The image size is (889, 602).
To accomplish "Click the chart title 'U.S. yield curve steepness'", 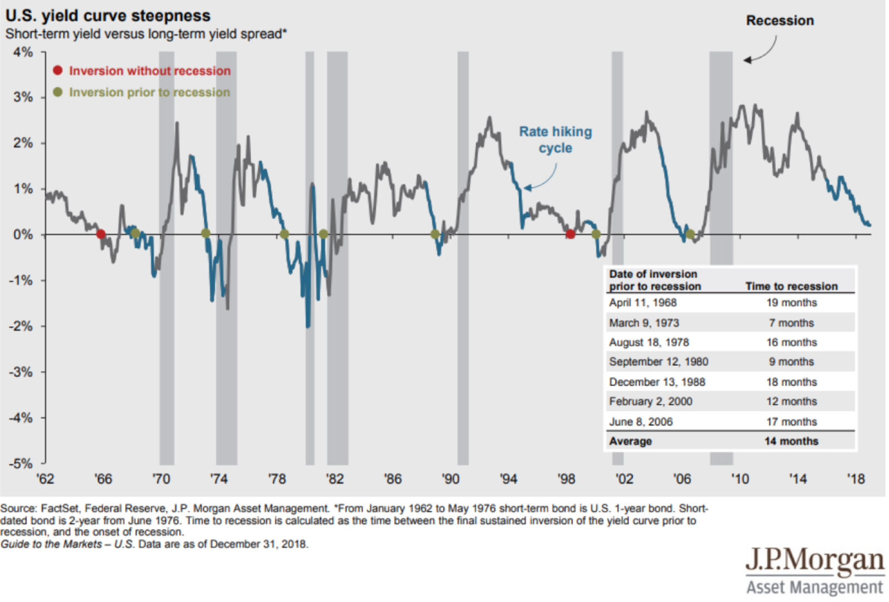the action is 108,16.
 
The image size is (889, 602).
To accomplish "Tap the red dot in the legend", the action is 58,70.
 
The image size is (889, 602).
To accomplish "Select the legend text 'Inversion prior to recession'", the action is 149,92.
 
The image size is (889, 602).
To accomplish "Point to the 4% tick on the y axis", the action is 43,52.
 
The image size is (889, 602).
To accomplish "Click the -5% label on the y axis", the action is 21,464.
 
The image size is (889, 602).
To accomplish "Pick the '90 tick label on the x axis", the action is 451,479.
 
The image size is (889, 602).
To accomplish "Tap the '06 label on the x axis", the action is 682,479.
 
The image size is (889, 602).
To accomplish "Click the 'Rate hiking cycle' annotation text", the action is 556,140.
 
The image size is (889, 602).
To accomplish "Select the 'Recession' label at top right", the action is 780,20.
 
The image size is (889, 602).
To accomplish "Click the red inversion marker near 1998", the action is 570,234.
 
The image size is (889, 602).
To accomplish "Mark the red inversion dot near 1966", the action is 101,234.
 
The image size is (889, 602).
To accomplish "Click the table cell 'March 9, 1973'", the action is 644,323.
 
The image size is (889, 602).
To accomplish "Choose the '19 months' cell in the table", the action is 792,302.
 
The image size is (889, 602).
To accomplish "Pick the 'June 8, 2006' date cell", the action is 641,422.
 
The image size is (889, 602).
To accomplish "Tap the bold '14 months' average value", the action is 792,441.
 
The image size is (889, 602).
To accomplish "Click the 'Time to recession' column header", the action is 792,286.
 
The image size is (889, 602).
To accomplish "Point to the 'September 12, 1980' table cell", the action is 659,362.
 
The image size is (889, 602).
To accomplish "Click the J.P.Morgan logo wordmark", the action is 815,560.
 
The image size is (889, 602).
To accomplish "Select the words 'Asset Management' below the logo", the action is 815,588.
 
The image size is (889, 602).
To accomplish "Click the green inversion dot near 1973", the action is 206,233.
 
